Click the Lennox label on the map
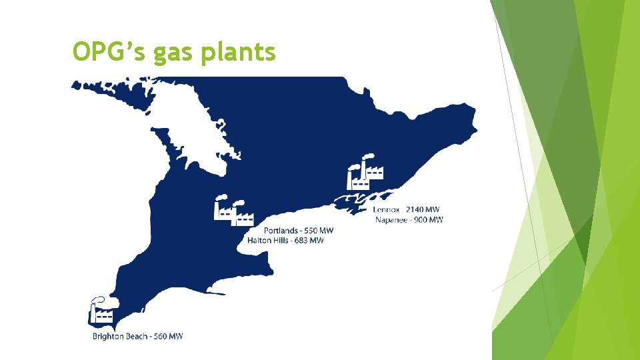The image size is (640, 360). (389, 209)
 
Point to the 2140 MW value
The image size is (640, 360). (423, 209)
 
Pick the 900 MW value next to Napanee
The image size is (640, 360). (429, 219)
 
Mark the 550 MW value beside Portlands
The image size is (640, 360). (319, 231)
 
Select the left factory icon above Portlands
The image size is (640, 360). (223, 209)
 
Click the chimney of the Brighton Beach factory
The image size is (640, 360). (93, 313)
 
